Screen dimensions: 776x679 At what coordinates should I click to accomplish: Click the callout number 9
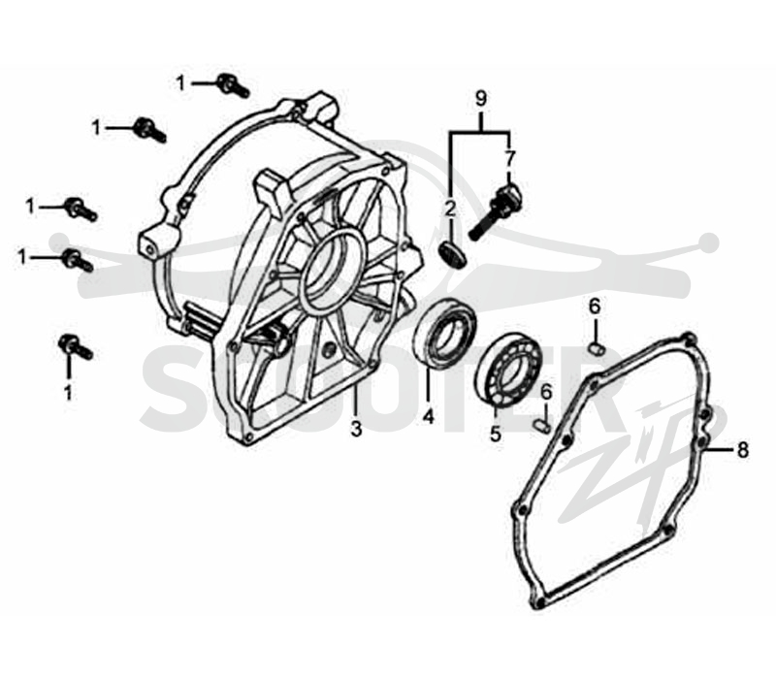pos(480,99)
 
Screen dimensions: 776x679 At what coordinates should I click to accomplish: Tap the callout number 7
pos(510,158)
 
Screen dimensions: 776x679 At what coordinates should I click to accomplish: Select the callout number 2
pos(450,210)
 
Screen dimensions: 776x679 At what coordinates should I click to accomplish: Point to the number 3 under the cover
pos(356,428)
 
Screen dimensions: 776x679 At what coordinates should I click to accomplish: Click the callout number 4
pos(429,416)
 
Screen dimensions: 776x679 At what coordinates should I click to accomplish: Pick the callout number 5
pos(496,434)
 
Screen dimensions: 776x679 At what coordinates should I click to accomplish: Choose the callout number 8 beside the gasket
pos(742,450)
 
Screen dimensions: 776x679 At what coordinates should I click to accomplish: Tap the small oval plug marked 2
pos(453,254)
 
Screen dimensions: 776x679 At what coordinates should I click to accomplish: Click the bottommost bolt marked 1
pos(76,347)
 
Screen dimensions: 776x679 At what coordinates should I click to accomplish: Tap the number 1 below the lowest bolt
pos(68,393)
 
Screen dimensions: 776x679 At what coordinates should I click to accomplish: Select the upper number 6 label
pos(594,307)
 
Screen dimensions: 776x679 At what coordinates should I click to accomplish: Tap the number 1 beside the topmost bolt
pos(181,82)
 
